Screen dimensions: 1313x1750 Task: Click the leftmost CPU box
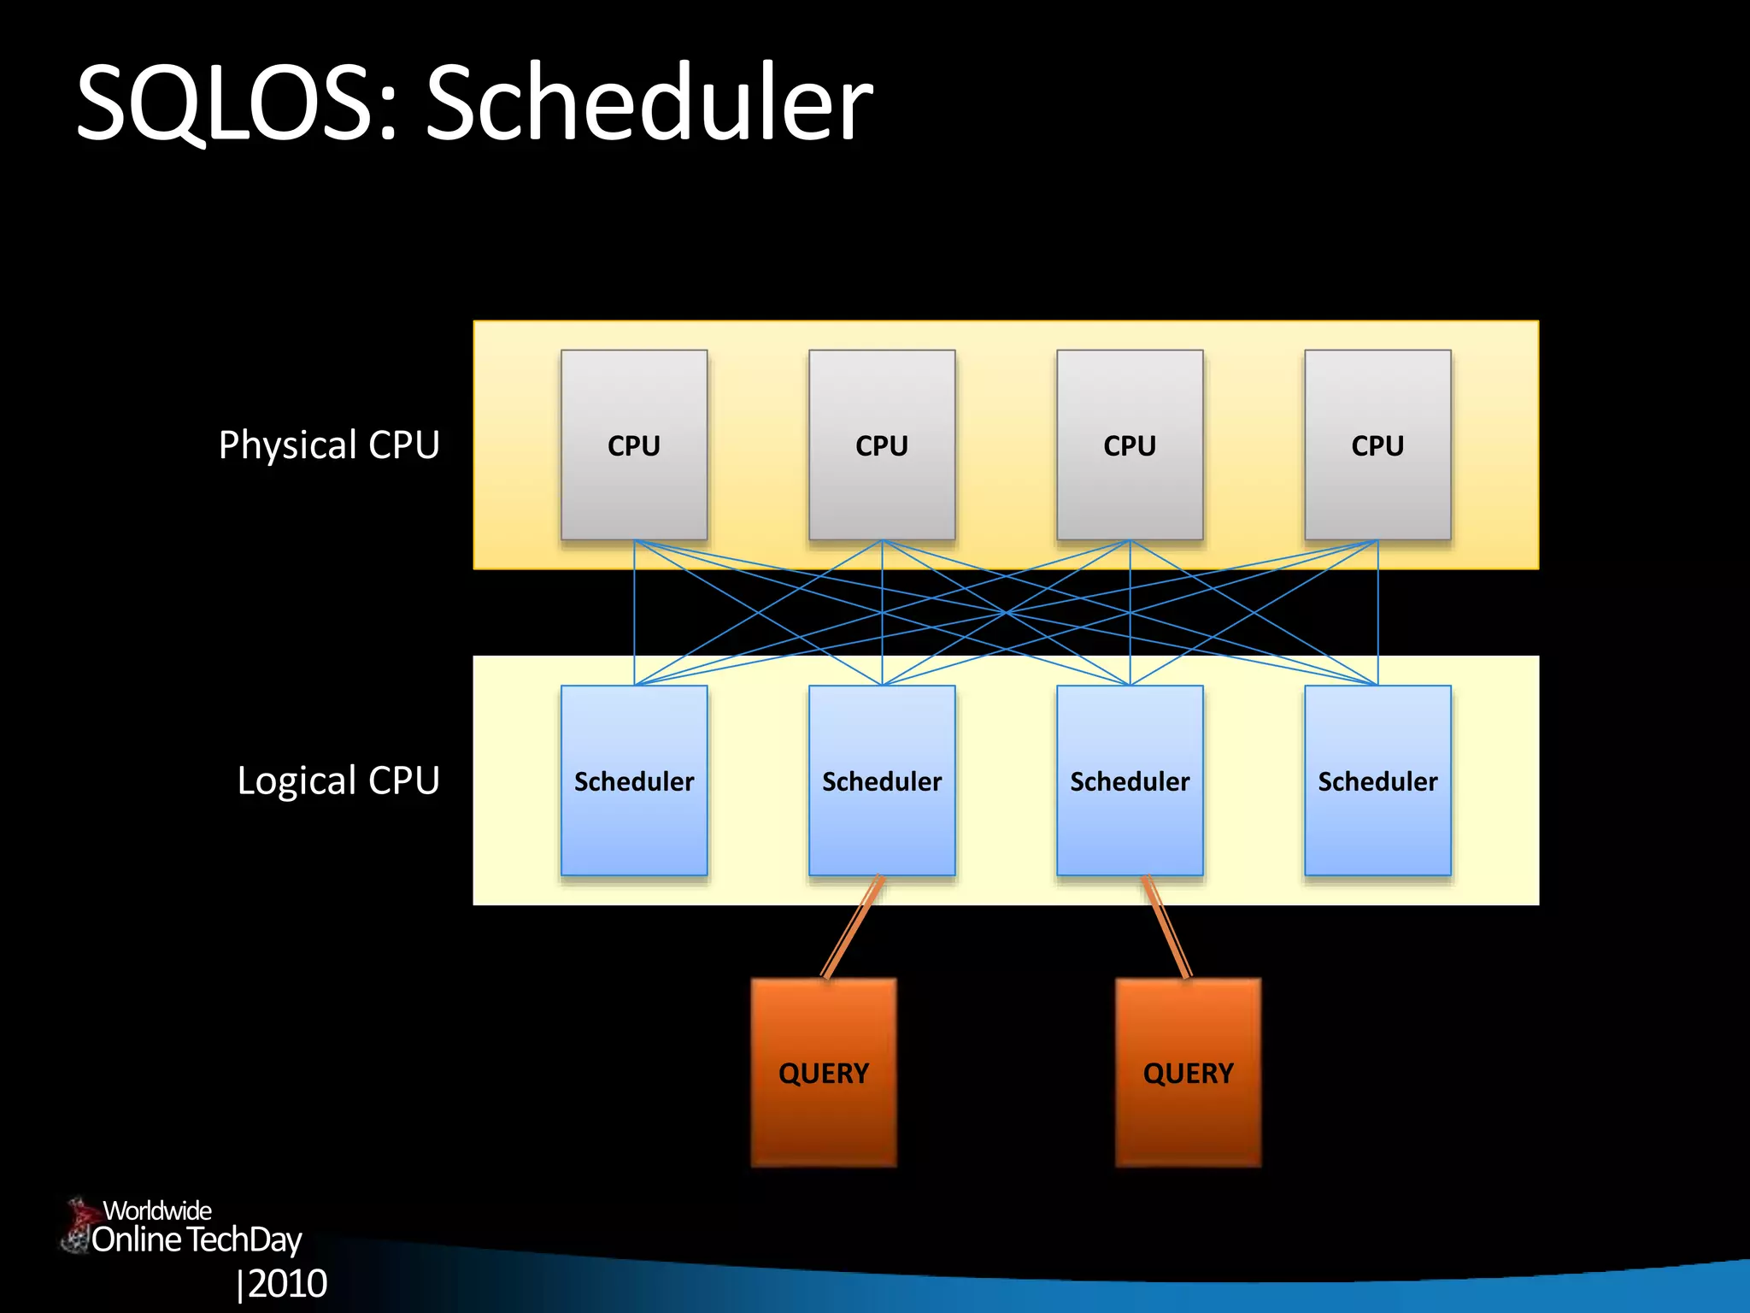634,445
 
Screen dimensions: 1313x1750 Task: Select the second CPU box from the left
882,445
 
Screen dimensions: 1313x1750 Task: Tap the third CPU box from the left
1130,445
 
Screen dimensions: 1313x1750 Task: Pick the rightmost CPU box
1377,445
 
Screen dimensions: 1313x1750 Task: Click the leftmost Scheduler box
634,780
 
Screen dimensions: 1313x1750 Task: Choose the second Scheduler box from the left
882,780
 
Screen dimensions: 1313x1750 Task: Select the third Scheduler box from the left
1130,780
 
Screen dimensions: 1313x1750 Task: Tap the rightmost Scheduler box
1377,780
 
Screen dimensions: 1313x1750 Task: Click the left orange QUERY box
824,1073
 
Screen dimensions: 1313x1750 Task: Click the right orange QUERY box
1188,1073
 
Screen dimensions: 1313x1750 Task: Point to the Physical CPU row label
329,445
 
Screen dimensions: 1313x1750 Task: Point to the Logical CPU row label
338,780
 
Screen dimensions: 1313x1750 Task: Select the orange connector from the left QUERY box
851,928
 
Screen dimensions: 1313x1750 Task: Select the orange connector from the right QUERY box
1166,928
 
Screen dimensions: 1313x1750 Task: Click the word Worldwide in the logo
157,1210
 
